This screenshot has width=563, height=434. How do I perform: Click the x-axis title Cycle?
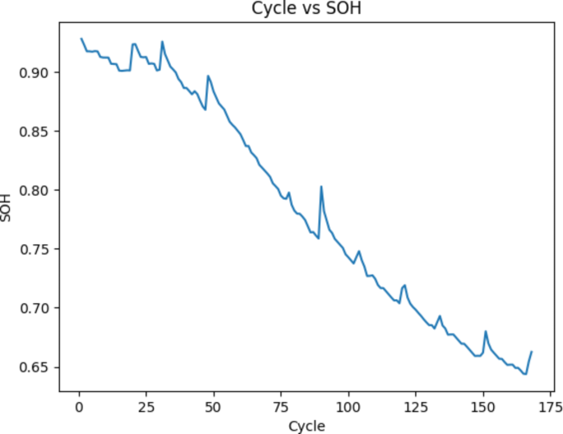[306, 426]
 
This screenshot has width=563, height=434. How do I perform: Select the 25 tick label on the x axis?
[145, 407]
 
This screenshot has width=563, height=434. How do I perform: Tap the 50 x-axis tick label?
[213, 407]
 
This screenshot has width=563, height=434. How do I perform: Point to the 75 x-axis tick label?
[280, 407]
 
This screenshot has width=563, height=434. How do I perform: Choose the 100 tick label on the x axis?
[348, 407]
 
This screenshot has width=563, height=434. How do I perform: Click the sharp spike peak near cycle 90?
[321, 187]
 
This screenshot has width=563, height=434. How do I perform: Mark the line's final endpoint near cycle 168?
[532, 352]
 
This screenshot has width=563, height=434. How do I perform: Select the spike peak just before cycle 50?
[208, 76]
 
